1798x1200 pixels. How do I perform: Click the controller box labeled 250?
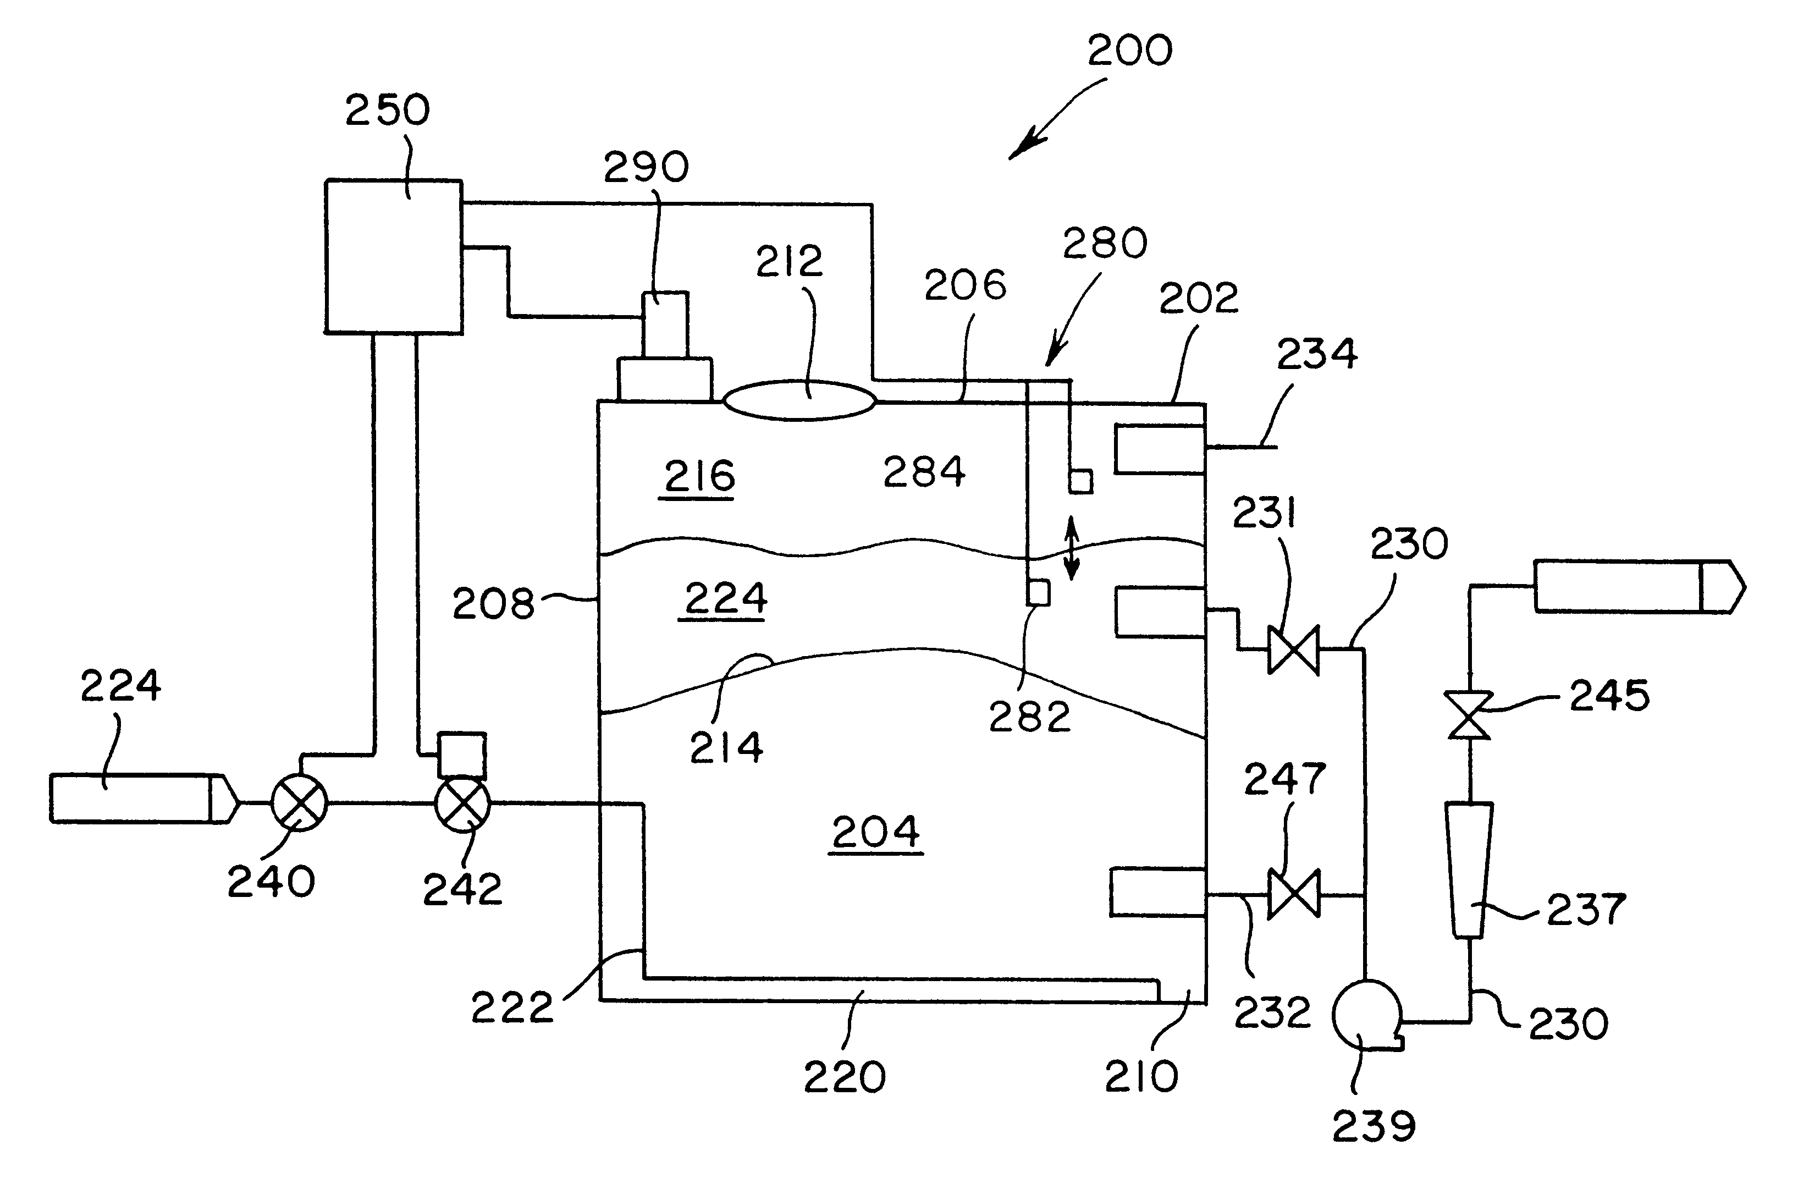coord(393,256)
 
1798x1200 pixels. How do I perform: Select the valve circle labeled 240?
coord(299,803)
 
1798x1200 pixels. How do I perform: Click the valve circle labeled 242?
coord(462,803)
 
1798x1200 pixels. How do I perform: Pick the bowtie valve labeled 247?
coord(1293,893)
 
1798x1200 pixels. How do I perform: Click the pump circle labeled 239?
coord(1366,1015)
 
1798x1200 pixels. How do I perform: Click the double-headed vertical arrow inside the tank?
coord(1072,547)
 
